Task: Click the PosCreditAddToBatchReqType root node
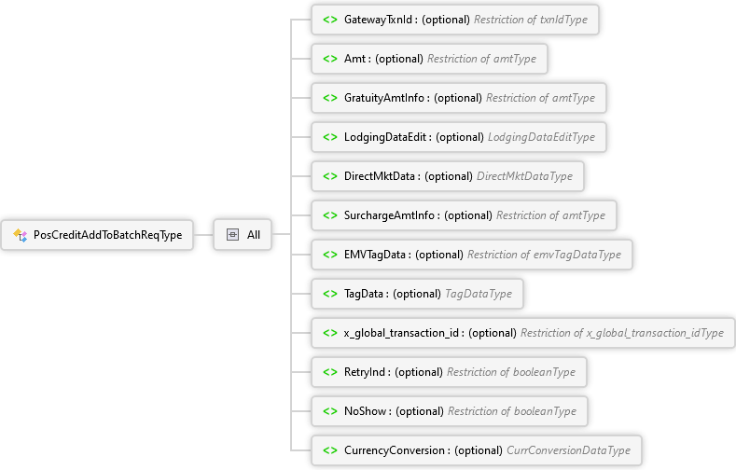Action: [x=107, y=235]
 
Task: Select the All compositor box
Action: [x=243, y=235]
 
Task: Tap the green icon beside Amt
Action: [x=330, y=58]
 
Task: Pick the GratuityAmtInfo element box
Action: [x=457, y=97]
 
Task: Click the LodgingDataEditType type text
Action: [x=541, y=136]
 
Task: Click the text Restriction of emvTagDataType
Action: [x=544, y=254]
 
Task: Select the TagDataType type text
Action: [x=479, y=293]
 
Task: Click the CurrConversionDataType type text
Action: [x=568, y=450]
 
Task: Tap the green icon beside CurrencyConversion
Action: [x=330, y=450]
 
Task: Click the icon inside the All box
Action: [x=232, y=235]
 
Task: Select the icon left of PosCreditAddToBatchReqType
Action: [x=20, y=235]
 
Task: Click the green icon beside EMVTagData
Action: [x=330, y=254]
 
